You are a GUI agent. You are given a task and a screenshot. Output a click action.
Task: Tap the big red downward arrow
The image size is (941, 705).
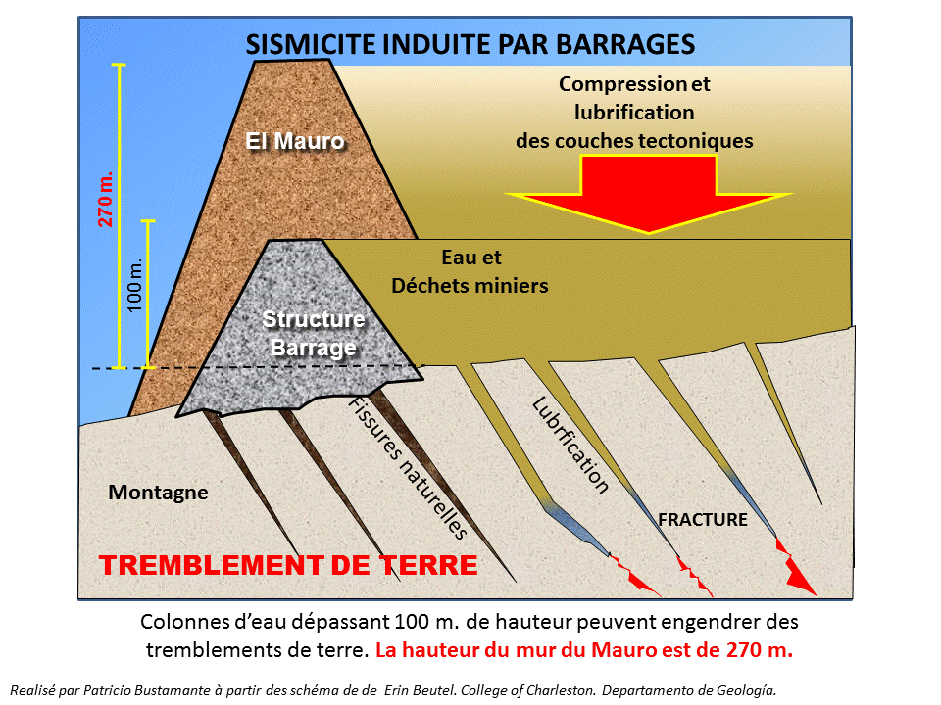tap(649, 197)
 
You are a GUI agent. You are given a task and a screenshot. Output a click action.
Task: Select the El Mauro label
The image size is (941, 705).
tap(295, 141)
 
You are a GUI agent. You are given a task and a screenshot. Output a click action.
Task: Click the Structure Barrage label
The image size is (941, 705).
tap(314, 333)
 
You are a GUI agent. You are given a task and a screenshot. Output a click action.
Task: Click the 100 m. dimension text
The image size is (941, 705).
tap(135, 284)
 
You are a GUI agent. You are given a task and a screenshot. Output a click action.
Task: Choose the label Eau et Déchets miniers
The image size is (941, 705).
tap(470, 272)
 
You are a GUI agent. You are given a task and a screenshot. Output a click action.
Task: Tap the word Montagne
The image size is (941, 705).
tap(158, 493)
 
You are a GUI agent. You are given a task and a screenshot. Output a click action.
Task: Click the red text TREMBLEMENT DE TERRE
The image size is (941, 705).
tap(289, 566)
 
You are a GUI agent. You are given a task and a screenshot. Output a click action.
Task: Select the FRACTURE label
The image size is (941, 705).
tap(703, 519)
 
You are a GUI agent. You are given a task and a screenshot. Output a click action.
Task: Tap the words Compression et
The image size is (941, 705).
tap(634, 84)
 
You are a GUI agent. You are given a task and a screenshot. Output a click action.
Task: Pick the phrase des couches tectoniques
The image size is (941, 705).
tap(634, 140)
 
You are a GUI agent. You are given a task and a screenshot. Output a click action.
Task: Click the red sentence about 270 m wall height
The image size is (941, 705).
tap(584, 648)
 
